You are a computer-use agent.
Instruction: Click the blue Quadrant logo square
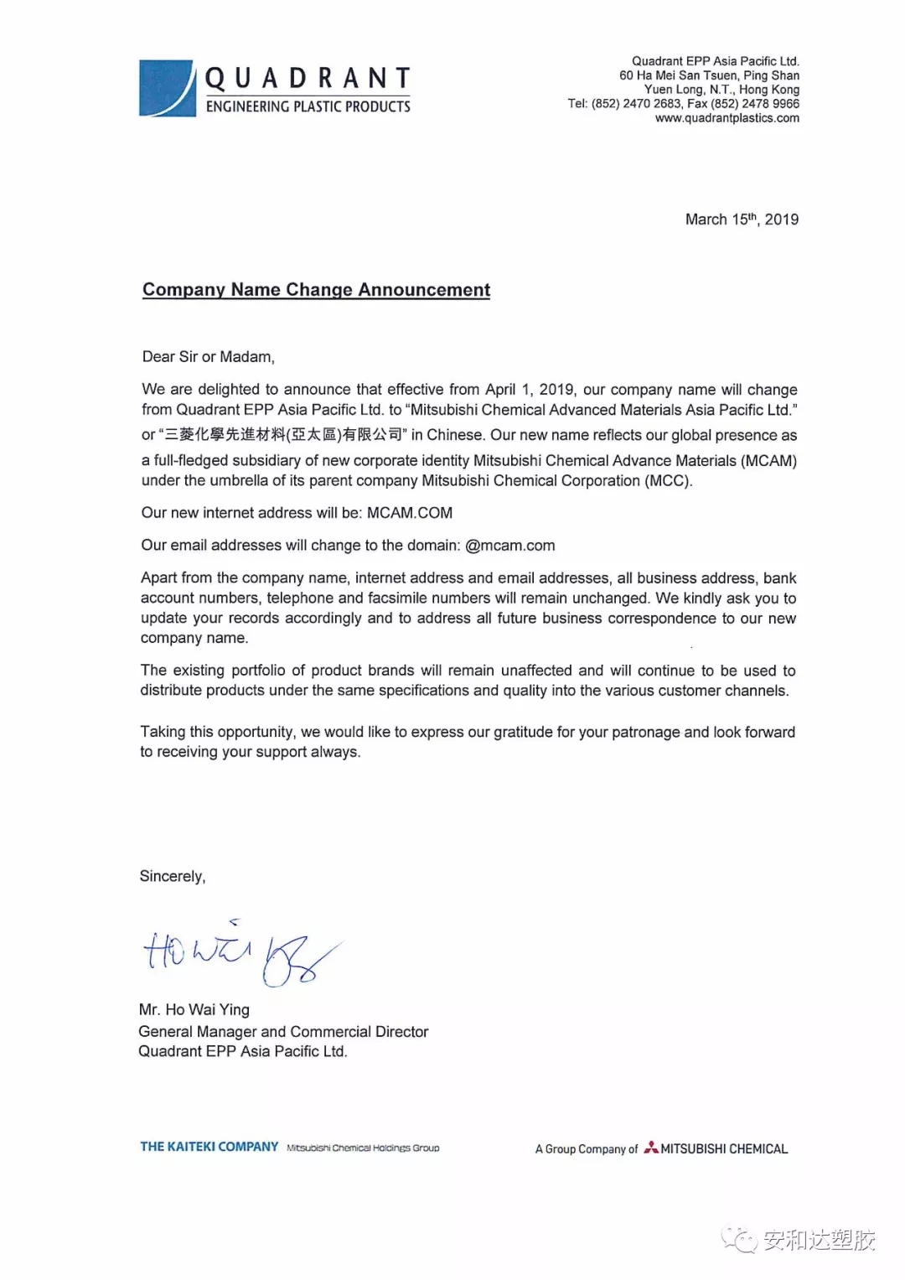(167, 88)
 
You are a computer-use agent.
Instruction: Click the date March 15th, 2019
(742, 220)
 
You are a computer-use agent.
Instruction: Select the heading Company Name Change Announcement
(316, 290)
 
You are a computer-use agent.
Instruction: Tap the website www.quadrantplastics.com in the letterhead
(727, 118)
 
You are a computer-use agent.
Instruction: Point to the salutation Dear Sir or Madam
(208, 357)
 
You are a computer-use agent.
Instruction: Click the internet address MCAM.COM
(410, 513)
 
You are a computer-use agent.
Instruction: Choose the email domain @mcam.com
(510, 546)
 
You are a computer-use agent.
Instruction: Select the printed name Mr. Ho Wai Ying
(194, 1010)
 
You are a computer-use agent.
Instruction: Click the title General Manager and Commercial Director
(283, 1032)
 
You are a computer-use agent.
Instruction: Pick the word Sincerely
(172, 877)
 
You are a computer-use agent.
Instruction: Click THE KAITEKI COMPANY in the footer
(209, 1147)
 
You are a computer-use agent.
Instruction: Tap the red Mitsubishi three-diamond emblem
(651, 1148)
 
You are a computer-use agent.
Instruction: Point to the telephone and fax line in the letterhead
(683, 104)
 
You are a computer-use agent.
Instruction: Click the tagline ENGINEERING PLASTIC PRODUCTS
(308, 106)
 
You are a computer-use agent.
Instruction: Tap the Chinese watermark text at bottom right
(819, 1240)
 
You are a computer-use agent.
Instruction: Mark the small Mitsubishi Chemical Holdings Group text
(363, 1148)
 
